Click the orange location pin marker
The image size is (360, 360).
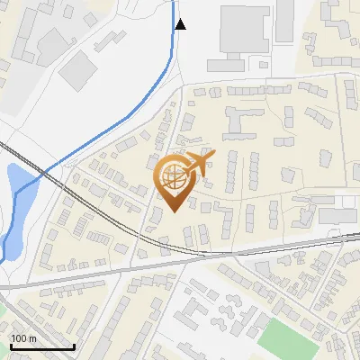pos(174,180)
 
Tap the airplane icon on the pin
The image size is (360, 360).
pos(197,162)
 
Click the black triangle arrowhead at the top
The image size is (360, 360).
pos(180,24)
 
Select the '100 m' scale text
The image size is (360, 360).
pos(24,338)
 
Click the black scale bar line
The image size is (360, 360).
pos(41,346)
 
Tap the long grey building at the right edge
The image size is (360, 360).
pos(337,217)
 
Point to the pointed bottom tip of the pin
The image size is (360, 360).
pos(174,211)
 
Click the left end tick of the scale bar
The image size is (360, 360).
pos(10,346)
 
